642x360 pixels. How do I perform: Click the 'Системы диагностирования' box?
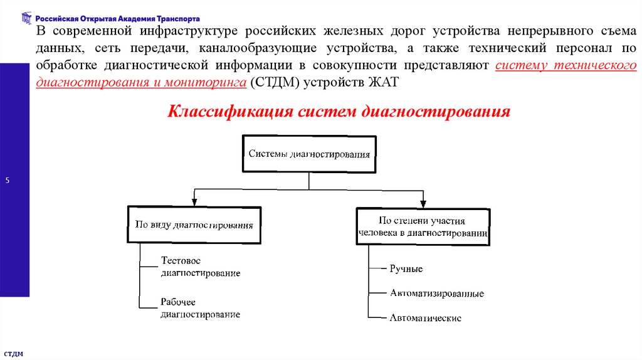[309, 153]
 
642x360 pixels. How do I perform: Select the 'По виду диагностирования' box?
[194, 224]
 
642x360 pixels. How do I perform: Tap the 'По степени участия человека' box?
[423, 226]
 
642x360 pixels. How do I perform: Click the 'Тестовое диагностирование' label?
[200, 267]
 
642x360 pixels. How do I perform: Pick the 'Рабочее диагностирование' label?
[200, 308]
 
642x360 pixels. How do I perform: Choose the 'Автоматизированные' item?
[436, 293]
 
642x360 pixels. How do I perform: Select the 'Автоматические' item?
[425, 318]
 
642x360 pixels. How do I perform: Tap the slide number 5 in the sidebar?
[8, 181]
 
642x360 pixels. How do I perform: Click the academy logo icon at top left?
[25, 18]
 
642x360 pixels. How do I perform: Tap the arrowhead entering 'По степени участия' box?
[423, 203]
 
